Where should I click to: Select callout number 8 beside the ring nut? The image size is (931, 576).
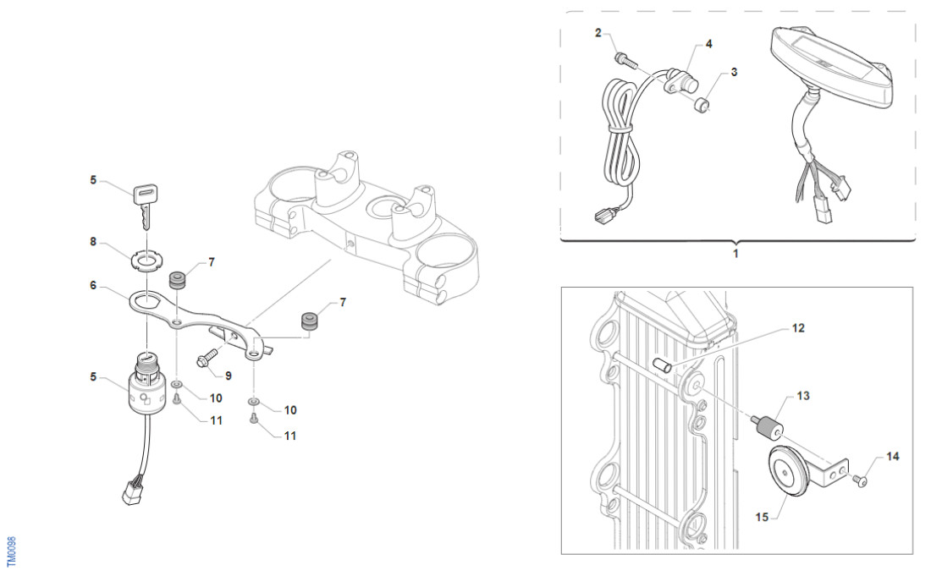(93, 242)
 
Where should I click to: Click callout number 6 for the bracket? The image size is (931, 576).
(93, 286)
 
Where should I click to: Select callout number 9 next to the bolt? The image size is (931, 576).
(228, 374)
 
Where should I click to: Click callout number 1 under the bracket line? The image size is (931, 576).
(735, 253)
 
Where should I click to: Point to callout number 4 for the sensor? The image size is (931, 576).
(708, 43)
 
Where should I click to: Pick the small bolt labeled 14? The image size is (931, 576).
(862, 480)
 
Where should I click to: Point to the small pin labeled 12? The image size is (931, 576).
(662, 365)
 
